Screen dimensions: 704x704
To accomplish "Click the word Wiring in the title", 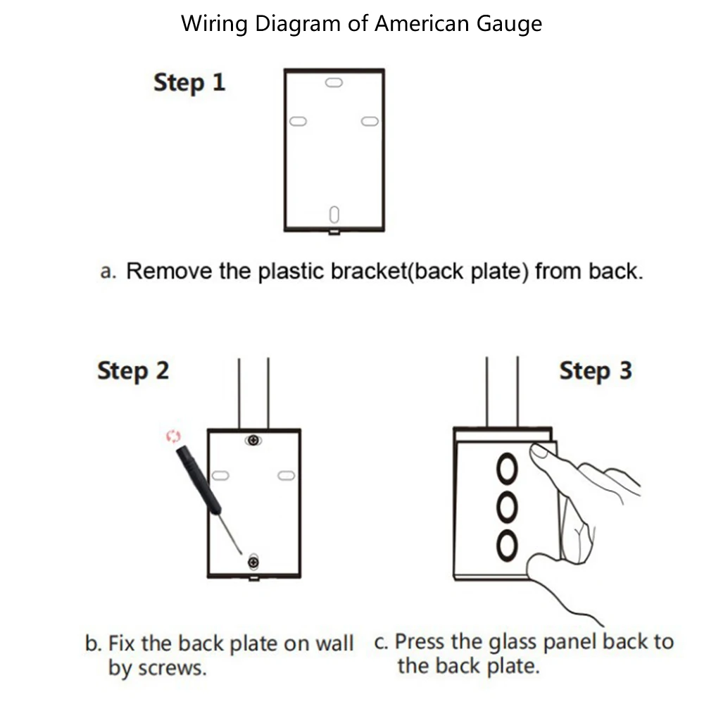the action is coord(214,24).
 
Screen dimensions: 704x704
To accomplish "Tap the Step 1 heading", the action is coord(189,82).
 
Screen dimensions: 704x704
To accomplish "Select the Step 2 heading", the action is coord(133,371).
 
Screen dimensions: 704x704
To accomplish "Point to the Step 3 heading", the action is coord(596,371).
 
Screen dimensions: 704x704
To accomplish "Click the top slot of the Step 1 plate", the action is coord(334,82).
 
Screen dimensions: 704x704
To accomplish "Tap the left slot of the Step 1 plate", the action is coord(298,121).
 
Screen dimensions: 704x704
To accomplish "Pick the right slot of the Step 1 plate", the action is coord(370,121).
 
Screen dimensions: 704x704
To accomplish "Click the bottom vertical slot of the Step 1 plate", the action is coord(334,215).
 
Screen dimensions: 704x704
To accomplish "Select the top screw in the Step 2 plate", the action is coord(253,441).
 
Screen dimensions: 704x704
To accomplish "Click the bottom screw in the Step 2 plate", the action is coord(253,562).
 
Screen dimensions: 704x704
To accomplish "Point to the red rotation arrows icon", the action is coord(173,436).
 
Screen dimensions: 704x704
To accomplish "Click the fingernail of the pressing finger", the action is coord(539,451).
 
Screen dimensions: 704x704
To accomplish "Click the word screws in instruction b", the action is coord(172,669).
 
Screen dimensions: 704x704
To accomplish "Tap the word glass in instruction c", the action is coord(513,643).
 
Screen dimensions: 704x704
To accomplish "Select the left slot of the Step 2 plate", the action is coord(220,475).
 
